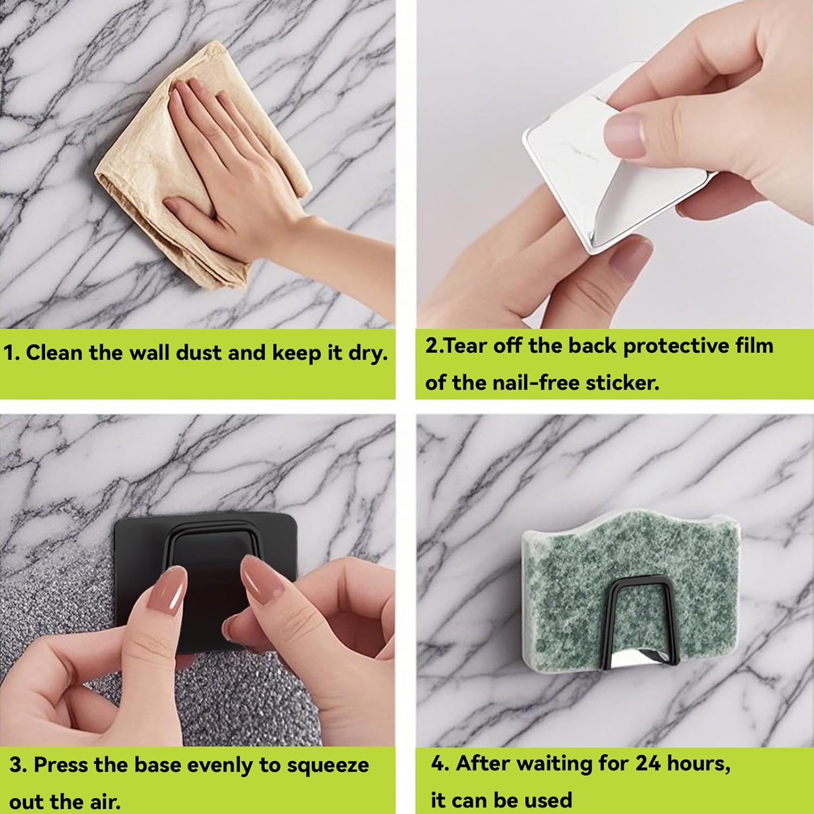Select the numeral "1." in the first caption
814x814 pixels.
click(x=12, y=353)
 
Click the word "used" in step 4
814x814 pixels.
click(x=549, y=800)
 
